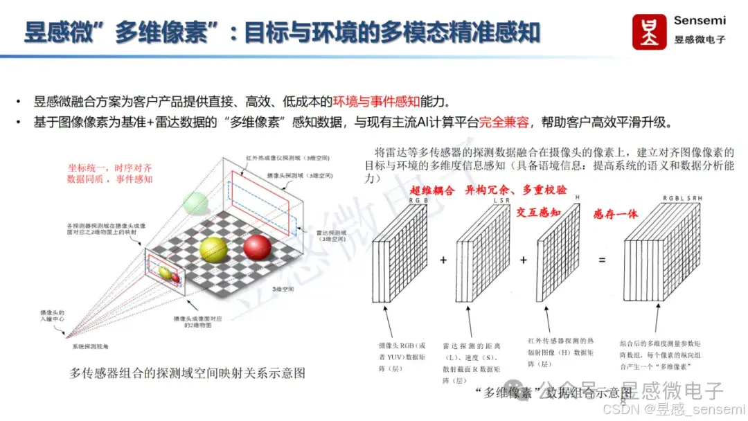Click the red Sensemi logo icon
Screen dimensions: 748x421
pos(650,30)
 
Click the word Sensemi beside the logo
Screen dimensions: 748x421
pos(700,21)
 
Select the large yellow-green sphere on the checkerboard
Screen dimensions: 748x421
pos(213,251)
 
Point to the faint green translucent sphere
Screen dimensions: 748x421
pos(196,203)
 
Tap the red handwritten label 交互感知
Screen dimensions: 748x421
pos(538,213)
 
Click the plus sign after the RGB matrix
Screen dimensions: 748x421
pos(443,260)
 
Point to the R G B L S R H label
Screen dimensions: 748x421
pos(682,199)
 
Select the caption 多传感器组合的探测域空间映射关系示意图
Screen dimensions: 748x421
pos(187,373)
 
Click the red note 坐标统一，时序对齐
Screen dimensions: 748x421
pos(110,167)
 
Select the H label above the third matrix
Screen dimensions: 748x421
pos(577,197)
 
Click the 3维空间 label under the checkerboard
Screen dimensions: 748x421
pos(282,288)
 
